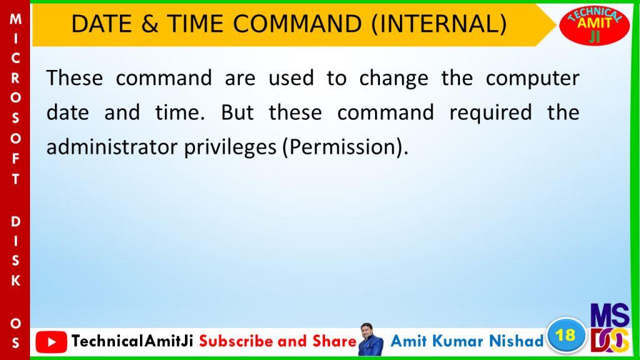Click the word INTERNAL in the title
click(x=439, y=24)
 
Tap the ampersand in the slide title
click(x=150, y=24)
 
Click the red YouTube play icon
click(x=51, y=342)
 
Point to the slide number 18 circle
click(x=566, y=336)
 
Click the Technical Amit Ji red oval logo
click(x=594, y=25)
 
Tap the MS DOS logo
click(x=610, y=327)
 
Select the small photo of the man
click(x=371, y=339)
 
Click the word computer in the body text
click(x=532, y=78)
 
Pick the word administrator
click(x=112, y=147)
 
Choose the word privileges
click(x=230, y=147)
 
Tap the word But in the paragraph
click(x=237, y=112)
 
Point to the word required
click(x=491, y=113)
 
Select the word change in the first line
click(x=394, y=78)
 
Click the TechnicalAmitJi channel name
click(x=132, y=341)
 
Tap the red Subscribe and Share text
click(x=278, y=341)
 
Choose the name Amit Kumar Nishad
click(x=467, y=341)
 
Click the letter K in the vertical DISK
click(x=16, y=281)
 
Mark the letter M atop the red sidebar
click(x=16, y=19)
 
